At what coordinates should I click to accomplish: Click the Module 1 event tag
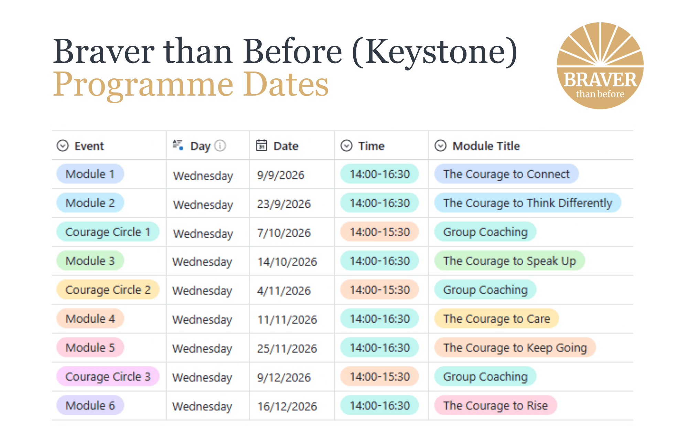point(90,174)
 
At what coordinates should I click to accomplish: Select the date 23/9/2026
point(284,204)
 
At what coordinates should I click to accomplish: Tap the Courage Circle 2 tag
point(108,290)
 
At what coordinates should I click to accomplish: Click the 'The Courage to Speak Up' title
point(509,261)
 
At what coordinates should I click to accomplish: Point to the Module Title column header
point(486,146)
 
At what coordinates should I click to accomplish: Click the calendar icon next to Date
point(261,146)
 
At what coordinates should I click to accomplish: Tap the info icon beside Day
point(220,146)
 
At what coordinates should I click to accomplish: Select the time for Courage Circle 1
point(379,232)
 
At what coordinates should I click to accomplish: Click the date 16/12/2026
point(287,406)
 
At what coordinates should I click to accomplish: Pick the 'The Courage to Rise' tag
point(495,406)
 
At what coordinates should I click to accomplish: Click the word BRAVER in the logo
point(600,80)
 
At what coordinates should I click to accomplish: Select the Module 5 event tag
point(90,348)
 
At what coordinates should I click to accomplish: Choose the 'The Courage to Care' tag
point(496,319)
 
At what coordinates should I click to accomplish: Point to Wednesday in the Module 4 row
point(202,320)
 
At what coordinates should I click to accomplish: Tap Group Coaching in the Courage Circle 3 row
point(485,377)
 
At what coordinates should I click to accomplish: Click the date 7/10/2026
point(284,233)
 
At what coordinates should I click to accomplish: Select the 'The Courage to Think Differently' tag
point(527,203)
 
